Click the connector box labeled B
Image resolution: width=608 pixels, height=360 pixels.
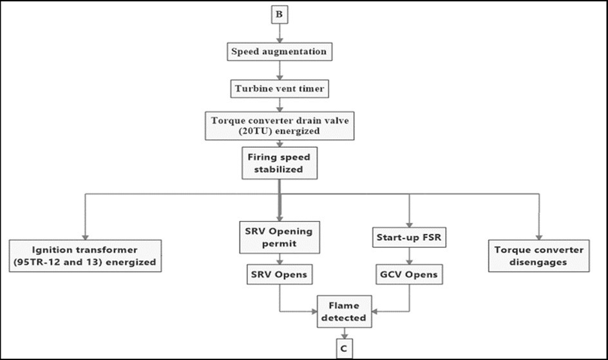coord(280,14)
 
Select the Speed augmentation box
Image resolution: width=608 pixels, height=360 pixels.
coord(280,50)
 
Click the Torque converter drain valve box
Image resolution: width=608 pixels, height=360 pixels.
coord(279,126)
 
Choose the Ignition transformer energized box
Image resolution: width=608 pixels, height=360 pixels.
coord(85,256)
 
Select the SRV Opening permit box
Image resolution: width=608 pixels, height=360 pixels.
coord(279,236)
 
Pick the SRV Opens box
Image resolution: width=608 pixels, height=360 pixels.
coord(279,275)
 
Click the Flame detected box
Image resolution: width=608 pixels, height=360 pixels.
coord(345,310)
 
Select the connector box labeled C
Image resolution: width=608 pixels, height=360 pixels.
coord(345,348)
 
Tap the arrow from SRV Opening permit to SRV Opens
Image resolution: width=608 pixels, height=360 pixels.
coord(279,258)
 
